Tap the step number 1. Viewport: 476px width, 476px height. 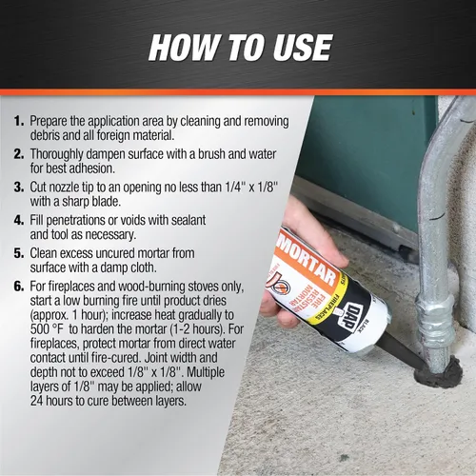(19, 121)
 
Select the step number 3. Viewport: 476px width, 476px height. (19, 187)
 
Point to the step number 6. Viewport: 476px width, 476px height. (19, 286)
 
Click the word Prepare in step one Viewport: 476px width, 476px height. (49, 122)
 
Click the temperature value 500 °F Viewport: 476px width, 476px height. (47, 329)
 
